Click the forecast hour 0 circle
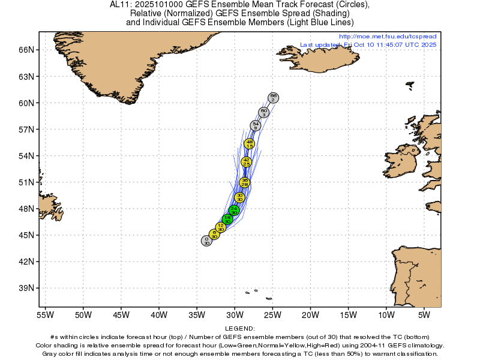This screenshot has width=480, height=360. (x=206, y=241)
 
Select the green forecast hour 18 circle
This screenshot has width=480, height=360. (x=227, y=220)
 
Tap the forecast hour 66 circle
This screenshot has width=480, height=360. (x=273, y=98)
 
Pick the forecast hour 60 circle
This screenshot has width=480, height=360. (x=263, y=112)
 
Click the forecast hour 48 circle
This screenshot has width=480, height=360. (x=249, y=143)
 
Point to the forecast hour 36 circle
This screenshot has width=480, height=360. (x=244, y=182)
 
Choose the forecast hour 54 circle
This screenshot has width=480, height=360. (x=256, y=125)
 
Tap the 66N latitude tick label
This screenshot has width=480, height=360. (x=27, y=50)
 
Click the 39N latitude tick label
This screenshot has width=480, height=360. (x=27, y=288)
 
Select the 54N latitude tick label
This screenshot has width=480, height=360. (x=27, y=156)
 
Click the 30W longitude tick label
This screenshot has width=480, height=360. (x=234, y=314)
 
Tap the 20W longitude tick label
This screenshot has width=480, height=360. (x=310, y=314)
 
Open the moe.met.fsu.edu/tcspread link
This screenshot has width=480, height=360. (x=388, y=37)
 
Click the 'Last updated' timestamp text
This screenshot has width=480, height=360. (x=368, y=44)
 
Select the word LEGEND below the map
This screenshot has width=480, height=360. (x=240, y=329)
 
